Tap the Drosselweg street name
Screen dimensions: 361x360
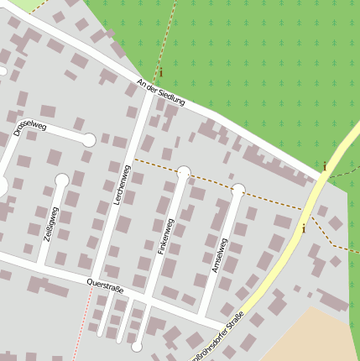(31, 128)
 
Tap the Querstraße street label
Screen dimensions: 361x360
(106, 286)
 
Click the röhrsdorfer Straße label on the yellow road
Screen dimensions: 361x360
(221, 335)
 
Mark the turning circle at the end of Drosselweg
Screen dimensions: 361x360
(88, 140)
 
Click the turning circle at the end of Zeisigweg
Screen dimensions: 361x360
(61, 180)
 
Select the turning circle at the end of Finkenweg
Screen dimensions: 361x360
(184, 172)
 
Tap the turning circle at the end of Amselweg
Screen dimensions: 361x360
(238, 190)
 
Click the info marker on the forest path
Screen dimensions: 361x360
(160, 73)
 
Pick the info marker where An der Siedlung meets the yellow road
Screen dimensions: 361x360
(324, 166)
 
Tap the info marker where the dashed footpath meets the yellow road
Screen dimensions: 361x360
(303, 227)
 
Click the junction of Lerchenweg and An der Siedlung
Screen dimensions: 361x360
(149, 92)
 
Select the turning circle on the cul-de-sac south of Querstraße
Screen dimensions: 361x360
(137, 346)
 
